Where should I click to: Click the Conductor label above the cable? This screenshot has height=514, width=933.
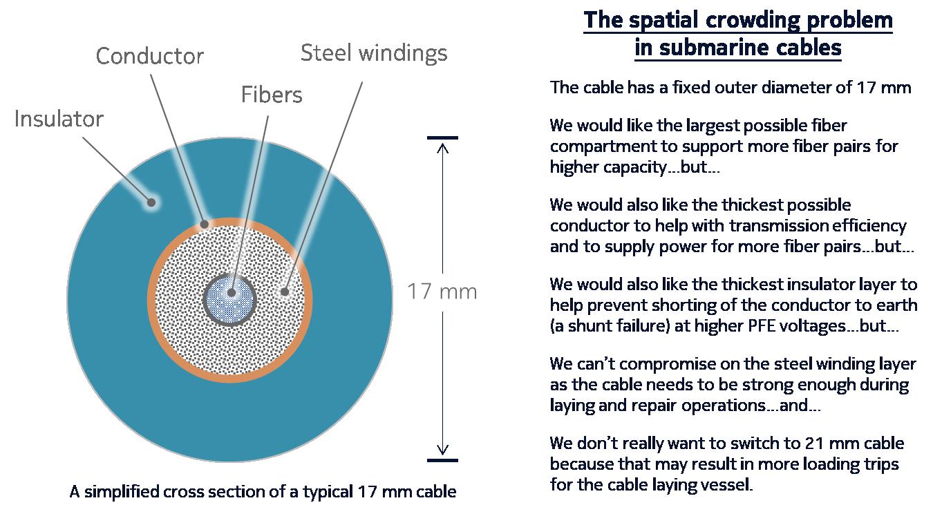(x=149, y=56)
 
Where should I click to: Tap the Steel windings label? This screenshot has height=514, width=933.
(x=374, y=53)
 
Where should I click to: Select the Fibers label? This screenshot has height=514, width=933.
(x=272, y=95)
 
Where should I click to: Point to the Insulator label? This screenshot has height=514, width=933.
(x=59, y=119)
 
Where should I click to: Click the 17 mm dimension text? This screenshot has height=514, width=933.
(x=442, y=292)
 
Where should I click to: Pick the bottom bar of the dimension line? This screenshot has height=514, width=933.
(x=442, y=459)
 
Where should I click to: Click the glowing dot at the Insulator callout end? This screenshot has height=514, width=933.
(x=149, y=202)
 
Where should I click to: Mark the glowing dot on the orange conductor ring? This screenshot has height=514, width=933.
(x=204, y=224)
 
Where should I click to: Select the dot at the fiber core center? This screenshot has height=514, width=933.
(x=231, y=292)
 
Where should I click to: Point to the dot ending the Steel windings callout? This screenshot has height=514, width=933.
(x=284, y=292)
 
